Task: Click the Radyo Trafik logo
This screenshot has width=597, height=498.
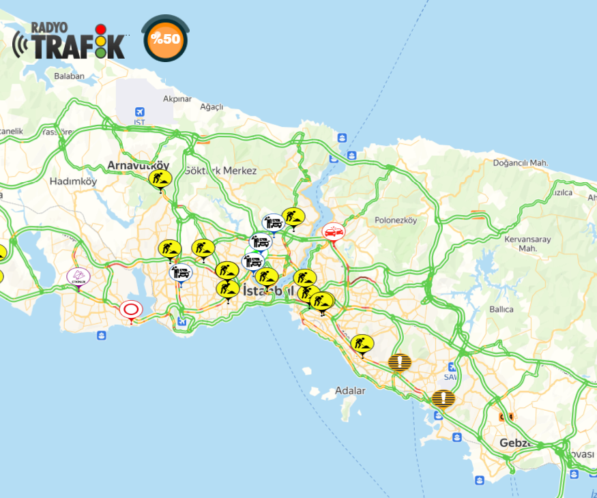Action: tap(69, 41)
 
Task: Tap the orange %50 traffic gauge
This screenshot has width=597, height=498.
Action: tap(166, 39)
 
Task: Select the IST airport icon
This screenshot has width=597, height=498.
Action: tap(140, 112)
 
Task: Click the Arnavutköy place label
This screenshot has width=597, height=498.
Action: tap(138, 165)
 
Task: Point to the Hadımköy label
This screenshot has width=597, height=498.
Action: tap(73, 181)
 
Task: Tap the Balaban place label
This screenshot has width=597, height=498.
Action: tap(68, 76)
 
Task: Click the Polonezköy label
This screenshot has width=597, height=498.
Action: tap(395, 220)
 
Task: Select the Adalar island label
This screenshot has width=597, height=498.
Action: tap(350, 391)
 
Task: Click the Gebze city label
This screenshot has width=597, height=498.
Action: tap(515, 443)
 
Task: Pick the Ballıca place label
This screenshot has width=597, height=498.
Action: tap(501, 309)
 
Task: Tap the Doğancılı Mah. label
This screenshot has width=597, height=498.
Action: tap(522, 163)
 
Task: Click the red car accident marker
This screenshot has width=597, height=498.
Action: tap(333, 232)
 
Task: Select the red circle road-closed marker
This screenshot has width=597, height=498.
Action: tap(130, 310)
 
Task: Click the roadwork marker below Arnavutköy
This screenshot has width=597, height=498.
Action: tap(160, 179)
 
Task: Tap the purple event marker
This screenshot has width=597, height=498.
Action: tap(78, 276)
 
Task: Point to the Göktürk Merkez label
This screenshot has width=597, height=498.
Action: tap(220, 171)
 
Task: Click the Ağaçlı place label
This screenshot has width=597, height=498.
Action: tap(212, 107)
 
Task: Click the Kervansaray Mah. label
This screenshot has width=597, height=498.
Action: tap(521, 244)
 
